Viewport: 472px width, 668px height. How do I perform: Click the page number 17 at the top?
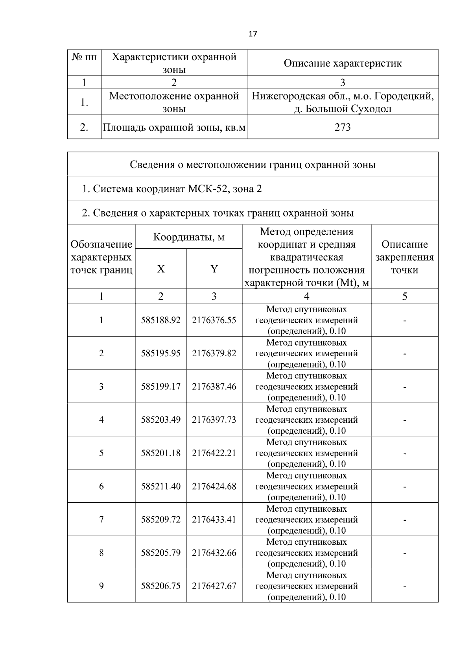pos(253,34)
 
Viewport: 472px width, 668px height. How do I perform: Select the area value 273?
pos(343,127)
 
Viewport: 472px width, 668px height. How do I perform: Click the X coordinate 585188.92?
pos(161,320)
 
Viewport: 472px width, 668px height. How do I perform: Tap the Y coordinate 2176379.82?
pos(214,353)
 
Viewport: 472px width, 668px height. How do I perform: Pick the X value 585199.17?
pos(161,387)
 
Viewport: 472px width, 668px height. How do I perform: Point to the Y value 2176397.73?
pos(214,420)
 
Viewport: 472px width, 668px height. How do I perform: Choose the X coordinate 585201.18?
pos(161,453)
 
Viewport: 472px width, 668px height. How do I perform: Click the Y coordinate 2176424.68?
pos(214,486)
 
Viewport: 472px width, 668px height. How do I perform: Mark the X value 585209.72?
pos(161,520)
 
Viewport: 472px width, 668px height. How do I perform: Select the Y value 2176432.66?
pos(214,553)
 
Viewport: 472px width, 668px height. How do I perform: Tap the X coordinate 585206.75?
pos(161,586)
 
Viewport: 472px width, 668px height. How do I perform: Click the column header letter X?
pos(161,269)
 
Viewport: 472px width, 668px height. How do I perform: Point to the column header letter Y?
pos(214,269)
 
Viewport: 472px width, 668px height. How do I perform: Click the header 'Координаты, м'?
pos(189,237)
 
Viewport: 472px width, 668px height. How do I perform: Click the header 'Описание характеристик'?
pos(343,63)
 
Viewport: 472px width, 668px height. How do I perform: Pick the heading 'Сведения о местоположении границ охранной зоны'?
pos(253,165)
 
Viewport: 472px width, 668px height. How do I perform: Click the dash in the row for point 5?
pos(404,453)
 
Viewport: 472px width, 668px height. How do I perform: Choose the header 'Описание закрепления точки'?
pos(404,257)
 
